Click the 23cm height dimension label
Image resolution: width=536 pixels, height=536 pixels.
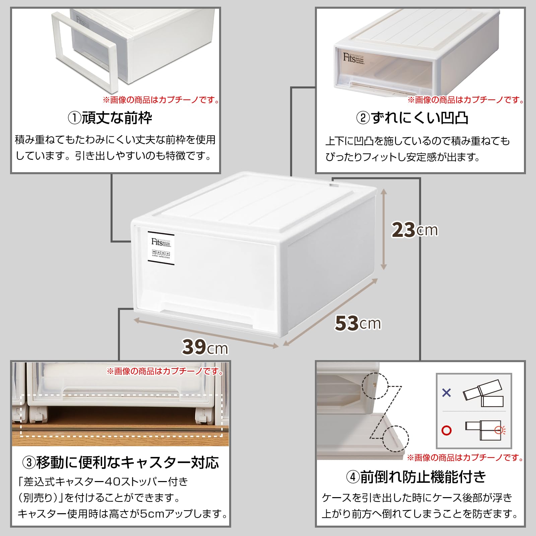415,230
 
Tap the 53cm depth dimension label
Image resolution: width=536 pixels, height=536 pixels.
358,323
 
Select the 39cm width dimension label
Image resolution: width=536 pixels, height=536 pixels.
205,347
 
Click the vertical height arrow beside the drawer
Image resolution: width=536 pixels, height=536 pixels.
384,229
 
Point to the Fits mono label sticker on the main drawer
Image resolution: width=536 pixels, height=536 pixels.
161,248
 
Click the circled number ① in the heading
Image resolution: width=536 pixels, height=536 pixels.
74,118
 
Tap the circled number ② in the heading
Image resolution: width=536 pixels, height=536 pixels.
363,118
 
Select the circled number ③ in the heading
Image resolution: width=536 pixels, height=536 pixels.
29,463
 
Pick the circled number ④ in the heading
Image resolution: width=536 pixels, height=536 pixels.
353,477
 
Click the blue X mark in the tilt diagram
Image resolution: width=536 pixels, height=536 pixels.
447,392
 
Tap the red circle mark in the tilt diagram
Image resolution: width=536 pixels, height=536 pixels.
447,430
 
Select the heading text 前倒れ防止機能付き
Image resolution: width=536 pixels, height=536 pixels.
423,477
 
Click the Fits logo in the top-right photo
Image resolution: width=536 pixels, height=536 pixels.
349,58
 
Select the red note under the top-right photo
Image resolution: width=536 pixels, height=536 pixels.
466,100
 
